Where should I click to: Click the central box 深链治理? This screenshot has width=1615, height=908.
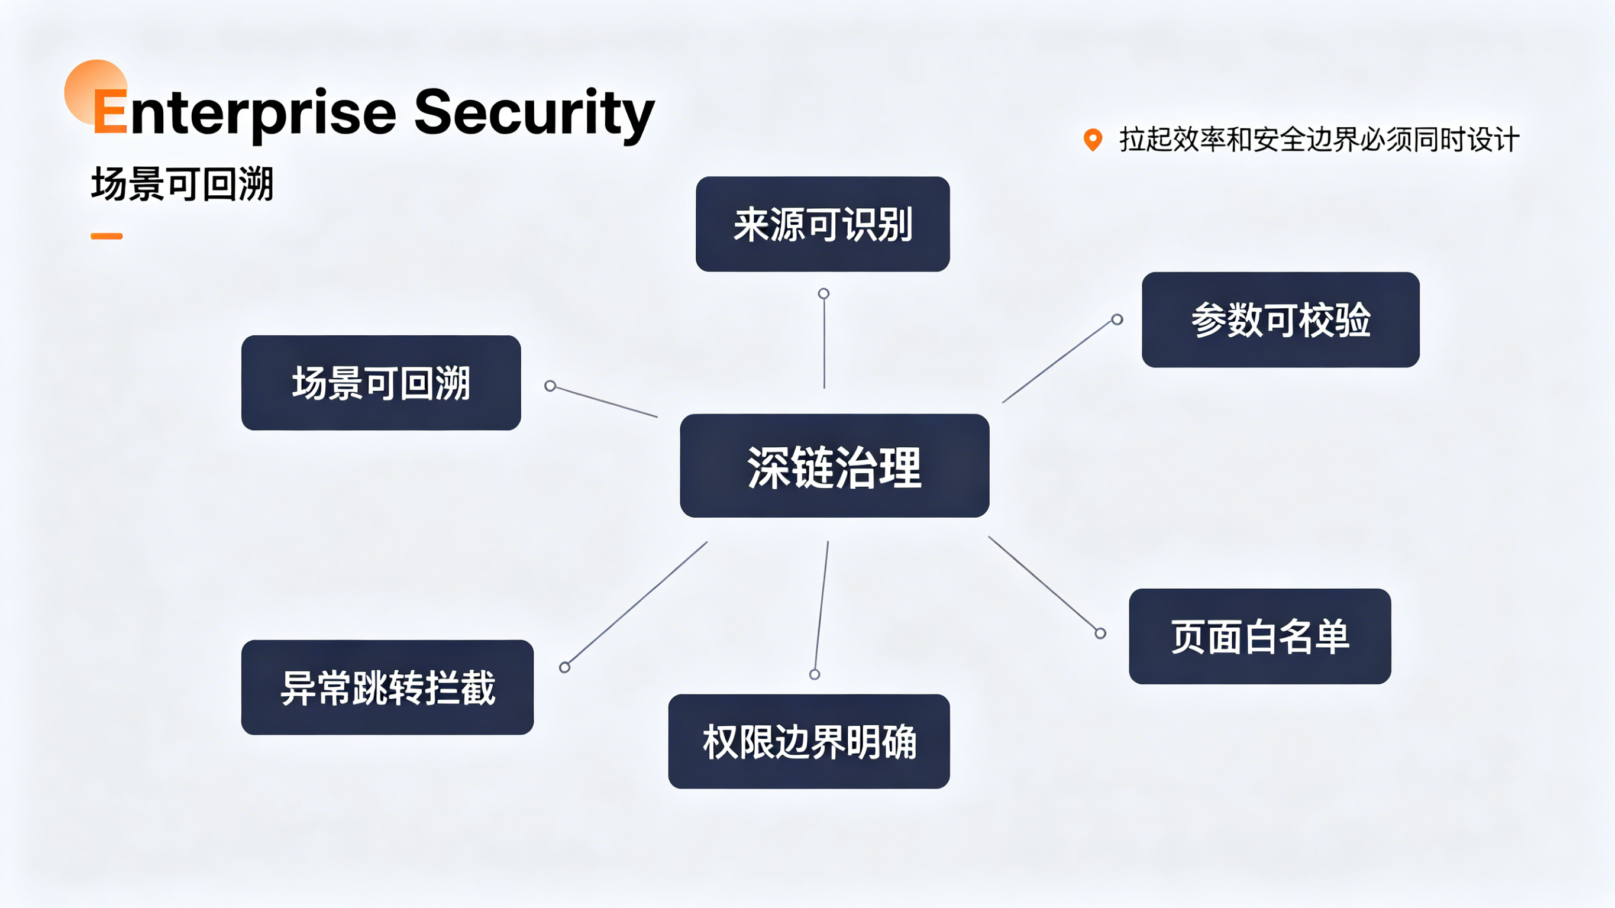(x=835, y=466)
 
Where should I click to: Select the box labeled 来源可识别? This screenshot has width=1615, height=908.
(x=822, y=224)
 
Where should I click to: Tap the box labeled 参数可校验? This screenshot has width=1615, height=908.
(x=1281, y=320)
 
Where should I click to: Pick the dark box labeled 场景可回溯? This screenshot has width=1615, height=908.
(x=381, y=383)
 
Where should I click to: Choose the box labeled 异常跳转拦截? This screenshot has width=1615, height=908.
(x=387, y=687)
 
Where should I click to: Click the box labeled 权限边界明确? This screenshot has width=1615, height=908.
(x=809, y=741)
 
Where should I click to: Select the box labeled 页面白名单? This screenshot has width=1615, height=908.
(x=1260, y=636)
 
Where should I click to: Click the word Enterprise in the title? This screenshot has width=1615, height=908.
(x=244, y=113)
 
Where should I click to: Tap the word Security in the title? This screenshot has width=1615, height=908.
(x=534, y=113)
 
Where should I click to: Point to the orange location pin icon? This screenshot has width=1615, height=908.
(x=1093, y=140)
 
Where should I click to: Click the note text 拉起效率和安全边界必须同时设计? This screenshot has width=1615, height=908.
(x=1319, y=139)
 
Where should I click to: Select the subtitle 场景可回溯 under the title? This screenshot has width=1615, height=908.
(x=182, y=184)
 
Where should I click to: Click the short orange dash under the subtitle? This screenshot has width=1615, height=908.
(x=106, y=237)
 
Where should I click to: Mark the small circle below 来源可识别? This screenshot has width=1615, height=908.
(x=824, y=293)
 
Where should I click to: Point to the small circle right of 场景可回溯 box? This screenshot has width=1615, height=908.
(x=550, y=386)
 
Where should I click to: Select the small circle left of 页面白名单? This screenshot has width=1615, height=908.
(x=1100, y=634)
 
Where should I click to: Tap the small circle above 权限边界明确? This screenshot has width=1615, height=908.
(x=815, y=675)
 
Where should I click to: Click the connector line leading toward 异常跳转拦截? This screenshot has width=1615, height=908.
(x=638, y=603)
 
